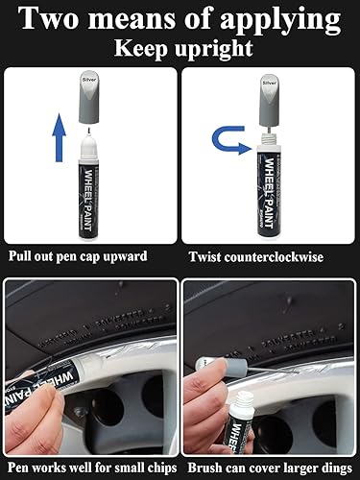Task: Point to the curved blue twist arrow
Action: coord(229,146)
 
